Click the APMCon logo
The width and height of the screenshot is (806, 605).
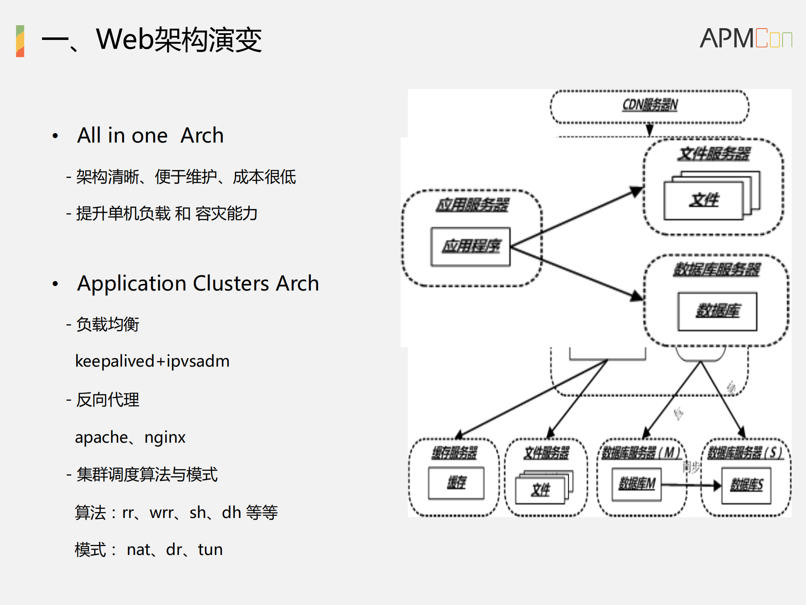point(746,38)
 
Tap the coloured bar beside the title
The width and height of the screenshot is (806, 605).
point(20,41)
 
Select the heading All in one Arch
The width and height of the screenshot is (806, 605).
point(150,135)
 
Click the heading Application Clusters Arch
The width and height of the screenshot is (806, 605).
point(198,283)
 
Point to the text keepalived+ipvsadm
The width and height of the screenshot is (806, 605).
point(152,361)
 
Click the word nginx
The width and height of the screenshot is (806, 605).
point(165,437)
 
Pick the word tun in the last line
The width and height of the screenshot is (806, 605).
point(210,550)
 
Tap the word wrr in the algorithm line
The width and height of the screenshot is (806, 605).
point(161,513)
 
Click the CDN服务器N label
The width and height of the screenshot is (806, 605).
point(650,105)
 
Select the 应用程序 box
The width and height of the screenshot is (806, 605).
point(470,247)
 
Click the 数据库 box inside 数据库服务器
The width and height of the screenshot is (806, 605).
point(717,311)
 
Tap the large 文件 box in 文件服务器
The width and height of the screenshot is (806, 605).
point(704,201)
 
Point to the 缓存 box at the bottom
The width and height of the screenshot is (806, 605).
point(456,483)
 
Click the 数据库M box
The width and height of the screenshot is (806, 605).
point(636,484)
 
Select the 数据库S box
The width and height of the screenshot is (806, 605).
point(746,485)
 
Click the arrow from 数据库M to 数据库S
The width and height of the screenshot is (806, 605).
point(691,485)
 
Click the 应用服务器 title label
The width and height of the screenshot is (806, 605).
point(472,205)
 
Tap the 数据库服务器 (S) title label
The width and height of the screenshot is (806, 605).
point(745,453)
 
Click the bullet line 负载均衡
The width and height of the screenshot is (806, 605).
point(108,324)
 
